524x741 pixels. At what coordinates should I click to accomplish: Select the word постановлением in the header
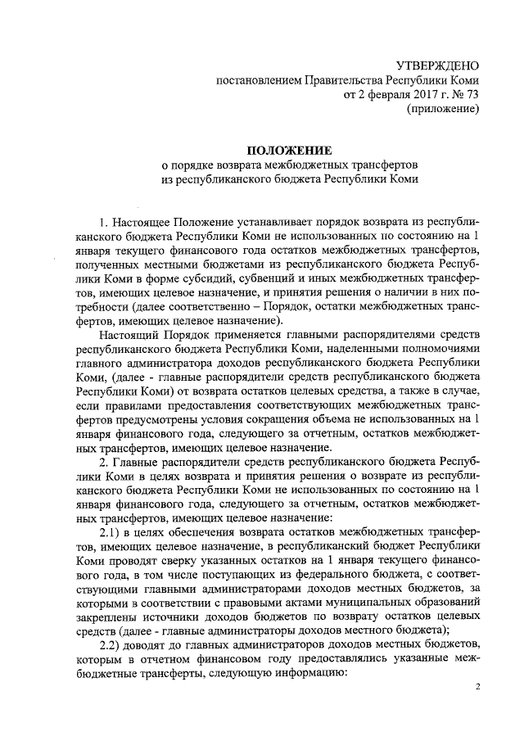point(258,80)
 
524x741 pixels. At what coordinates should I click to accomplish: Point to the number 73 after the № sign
point(471,95)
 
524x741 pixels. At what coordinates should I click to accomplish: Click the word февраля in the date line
point(377,95)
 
